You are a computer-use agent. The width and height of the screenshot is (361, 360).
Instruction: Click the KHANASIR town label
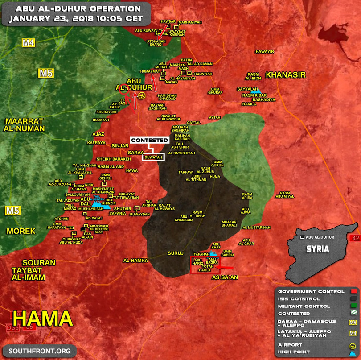[x=286, y=75]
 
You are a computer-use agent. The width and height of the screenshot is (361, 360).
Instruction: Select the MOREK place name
[x=21, y=231]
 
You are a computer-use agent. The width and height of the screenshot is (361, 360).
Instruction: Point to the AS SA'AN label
[x=224, y=277]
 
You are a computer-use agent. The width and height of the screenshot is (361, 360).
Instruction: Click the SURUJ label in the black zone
[x=176, y=253]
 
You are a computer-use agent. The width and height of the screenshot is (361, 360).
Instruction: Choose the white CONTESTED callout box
[x=150, y=140]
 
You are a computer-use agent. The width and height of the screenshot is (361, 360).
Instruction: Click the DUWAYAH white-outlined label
[x=153, y=157]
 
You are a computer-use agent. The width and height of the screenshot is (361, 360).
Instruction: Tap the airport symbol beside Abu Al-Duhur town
[x=142, y=95]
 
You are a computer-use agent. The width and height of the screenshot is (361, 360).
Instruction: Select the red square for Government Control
[x=354, y=292]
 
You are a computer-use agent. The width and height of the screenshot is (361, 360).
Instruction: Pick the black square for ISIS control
[x=354, y=299]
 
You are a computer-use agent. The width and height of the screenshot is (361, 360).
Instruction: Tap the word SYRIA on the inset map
[x=318, y=249]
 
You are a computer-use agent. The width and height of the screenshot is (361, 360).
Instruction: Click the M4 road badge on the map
[x=29, y=43]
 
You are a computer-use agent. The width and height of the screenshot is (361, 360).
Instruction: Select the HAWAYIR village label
[x=265, y=52]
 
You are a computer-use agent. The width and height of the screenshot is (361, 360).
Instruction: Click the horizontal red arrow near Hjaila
[x=226, y=268]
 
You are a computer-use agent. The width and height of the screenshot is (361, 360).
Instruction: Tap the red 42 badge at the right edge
[x=356, y=238]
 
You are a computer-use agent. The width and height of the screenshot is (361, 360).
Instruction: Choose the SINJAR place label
[x=119, y=145]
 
